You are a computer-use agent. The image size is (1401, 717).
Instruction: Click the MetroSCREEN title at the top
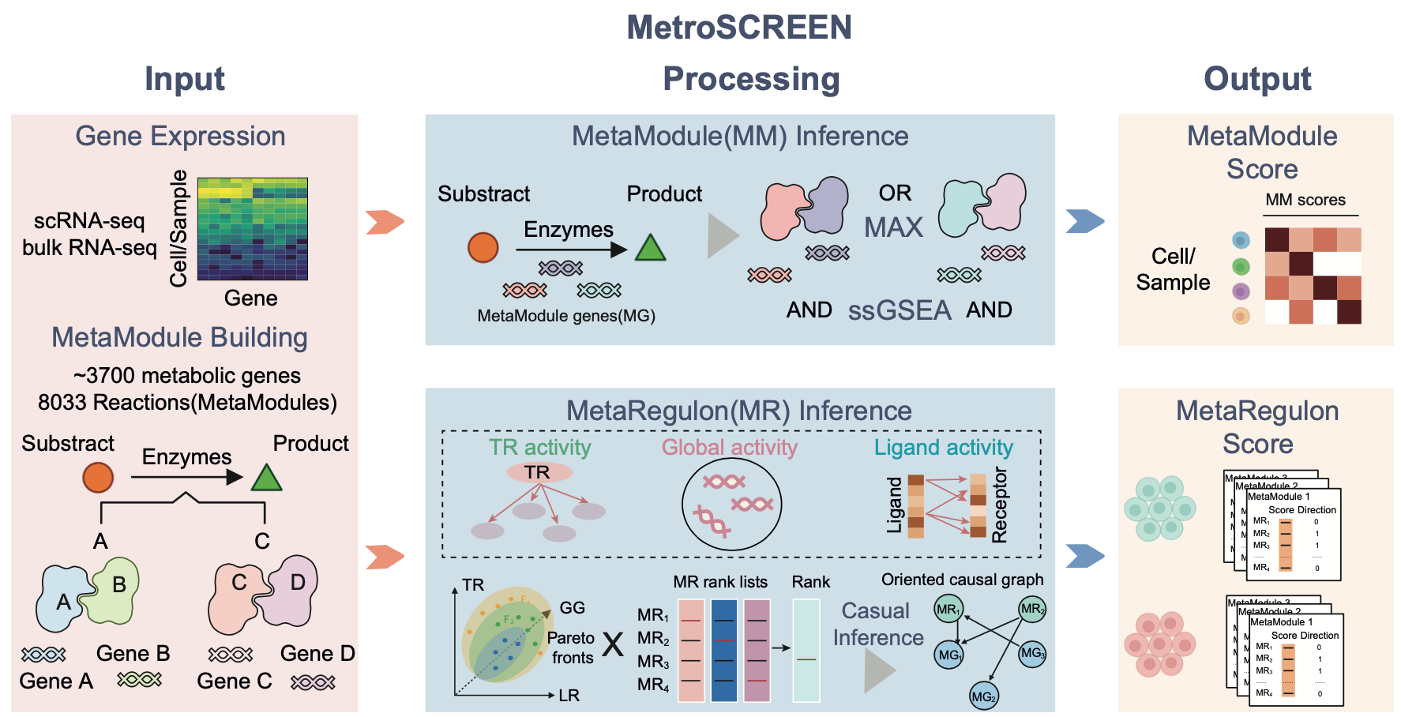click(x=739, y=28)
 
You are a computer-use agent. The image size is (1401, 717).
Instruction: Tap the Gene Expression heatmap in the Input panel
click(x=252, y=229)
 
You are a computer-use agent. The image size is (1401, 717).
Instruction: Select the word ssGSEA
click(x=900, y=310)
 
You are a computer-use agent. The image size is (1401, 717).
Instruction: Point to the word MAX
click(x=893, y=227)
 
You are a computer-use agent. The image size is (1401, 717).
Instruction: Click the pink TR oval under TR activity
click(x=539, y=472)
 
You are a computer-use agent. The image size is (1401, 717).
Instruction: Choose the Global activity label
click(x=729, y=447)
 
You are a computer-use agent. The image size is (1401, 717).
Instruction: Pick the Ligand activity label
click(x=943, y=447)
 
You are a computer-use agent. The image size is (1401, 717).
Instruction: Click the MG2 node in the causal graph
click(x=984, y=696)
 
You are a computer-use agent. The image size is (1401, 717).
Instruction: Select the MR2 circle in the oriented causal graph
click(x=1032, y=609)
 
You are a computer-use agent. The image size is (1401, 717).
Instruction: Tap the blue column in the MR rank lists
click(x=723, y=651)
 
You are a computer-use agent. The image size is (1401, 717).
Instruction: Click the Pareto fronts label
click(x=571, y=648)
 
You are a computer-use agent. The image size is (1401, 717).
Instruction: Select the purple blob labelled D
click(x=293, y=588)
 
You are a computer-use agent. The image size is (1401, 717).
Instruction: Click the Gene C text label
click(x=234, y=681)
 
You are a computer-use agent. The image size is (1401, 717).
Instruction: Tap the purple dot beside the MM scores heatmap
click(x=1241, y=291)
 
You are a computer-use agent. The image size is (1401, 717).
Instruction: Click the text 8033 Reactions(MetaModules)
click(x=187, y=403)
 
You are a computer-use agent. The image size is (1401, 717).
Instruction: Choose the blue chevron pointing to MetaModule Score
click(x=1084, y=221)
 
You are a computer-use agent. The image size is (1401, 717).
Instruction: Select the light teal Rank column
click(x=806, y=651)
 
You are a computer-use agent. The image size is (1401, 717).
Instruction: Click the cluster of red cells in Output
click(x=1159, y=644)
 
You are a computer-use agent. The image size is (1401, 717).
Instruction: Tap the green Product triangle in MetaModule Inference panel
click(x=650, y=248)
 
